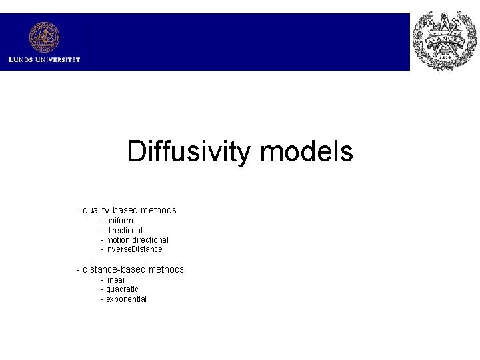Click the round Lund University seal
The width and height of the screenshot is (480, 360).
(x=44, y=37)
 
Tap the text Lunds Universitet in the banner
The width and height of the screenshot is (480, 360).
(x=44, y=59)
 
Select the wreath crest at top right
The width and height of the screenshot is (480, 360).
(x=444, y=41)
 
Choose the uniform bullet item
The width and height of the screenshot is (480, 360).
(x=119, y=221)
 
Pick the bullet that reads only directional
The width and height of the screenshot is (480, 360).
(x=124, y=231)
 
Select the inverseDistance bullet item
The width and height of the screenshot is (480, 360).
(x=134, y=249)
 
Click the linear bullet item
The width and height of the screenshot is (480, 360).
(x=115, y=280)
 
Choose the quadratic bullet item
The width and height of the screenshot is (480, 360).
(x=122, y=289)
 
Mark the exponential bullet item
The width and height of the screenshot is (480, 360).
(x=126, y=299)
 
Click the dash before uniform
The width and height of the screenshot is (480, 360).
(x=102, y=221)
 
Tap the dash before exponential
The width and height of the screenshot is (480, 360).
(x=102, y=299)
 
